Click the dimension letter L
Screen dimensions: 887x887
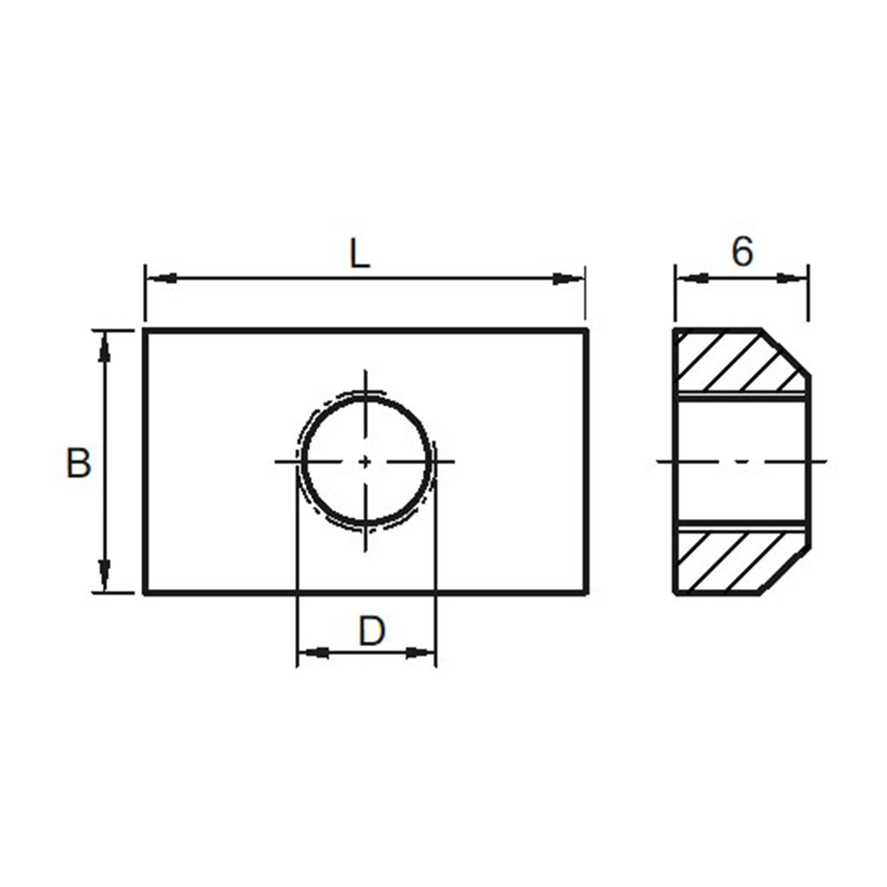pos(359,253)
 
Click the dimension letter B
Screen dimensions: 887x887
pos(78,463)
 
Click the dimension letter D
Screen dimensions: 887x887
pos(371,631)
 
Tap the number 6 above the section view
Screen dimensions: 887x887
pos(742,252)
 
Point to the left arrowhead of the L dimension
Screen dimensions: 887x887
pos(160,278)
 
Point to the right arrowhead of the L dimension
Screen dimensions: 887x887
pos(570,278)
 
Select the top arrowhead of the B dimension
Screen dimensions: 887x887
pos(105,346)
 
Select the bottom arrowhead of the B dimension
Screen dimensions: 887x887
pos(105,577)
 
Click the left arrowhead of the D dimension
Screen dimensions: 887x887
pos(313,651)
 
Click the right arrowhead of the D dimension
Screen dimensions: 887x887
pos(419,651)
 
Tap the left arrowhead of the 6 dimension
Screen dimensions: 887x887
pos(691,278)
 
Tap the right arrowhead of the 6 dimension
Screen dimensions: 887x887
pos(793,278)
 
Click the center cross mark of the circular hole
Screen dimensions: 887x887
pos(366,462)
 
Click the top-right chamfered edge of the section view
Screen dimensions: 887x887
pos(787,353)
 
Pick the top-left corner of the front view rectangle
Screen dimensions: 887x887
pos(145,330)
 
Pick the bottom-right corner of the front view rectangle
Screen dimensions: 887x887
pos(587,593)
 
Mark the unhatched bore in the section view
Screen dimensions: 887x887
pos(741,462)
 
